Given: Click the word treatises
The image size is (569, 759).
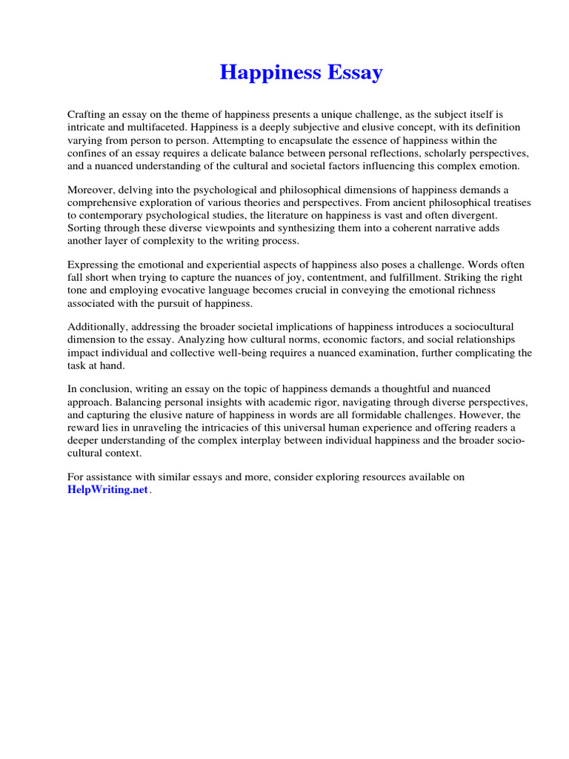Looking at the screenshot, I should tap(512, 202).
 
